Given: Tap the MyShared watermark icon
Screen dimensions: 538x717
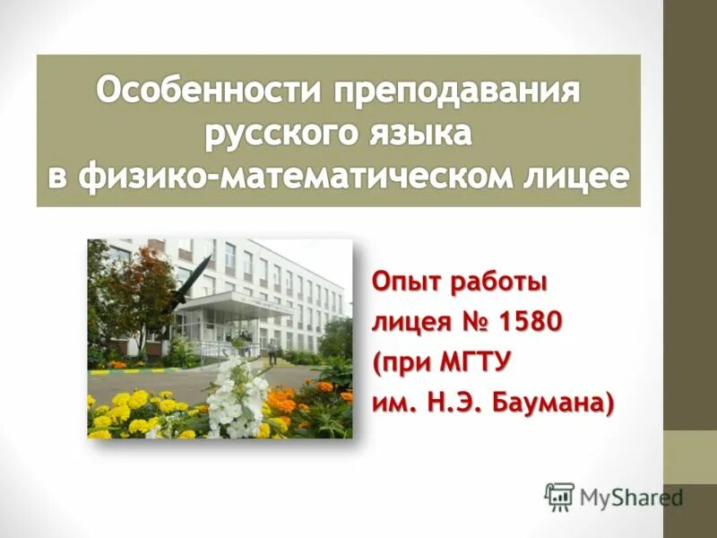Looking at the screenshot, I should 560,495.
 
